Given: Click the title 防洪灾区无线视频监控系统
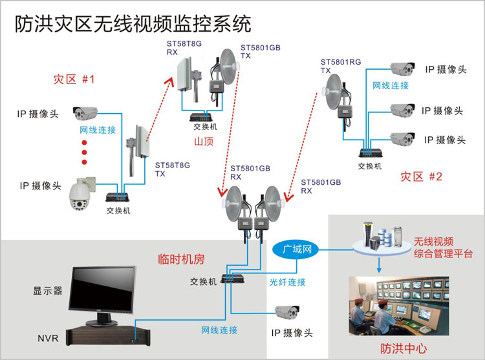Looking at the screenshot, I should pyautogui.click(x=133, y=24).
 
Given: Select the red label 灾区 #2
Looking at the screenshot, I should pyautogui.click(x=421, y=176).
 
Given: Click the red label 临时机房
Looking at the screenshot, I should pyautogui.click(x=181, y=259).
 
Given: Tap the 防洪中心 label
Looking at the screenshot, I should pyautogui.click(x=404, y=348).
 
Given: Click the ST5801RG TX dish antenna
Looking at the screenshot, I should pyautogui.click(x=337, y=90).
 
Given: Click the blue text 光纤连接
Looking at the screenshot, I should pyautogui.click(x=288, y=282).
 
